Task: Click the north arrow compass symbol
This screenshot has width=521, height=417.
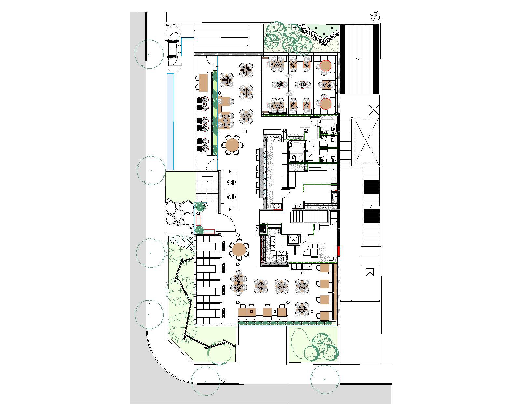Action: [x=376, y=16]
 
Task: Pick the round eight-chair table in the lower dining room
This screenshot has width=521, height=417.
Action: [x=239, y=250]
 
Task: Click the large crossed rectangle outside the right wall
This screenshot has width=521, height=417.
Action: [x=366, y=142]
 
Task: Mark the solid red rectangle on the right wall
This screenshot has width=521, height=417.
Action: [x=339, y=251]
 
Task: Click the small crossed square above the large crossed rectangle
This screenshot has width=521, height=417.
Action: [x=374, y=109]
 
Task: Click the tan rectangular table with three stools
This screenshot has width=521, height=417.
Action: [x=203, y=82]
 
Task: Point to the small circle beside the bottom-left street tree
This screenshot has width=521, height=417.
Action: [x=223, y=381]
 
